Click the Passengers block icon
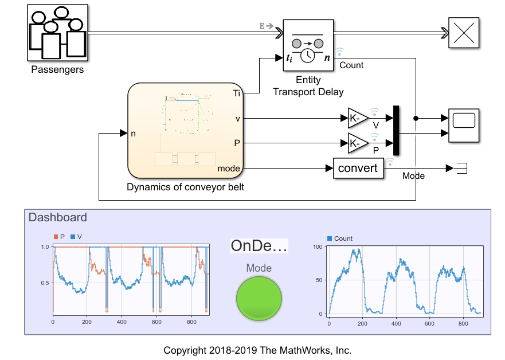[57, 34]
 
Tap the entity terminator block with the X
[463, 33]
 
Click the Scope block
[463, 125]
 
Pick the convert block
[358, 168]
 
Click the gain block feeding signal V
[358, 118]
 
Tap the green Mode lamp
[259, 298]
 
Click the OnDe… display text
[259, 246]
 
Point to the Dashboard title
[58, 217]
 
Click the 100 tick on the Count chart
[319, 246]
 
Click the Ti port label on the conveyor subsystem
[237, 93]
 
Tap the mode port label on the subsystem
[229, 169]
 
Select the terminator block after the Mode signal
[460, 168]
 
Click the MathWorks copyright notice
[257, 350]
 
